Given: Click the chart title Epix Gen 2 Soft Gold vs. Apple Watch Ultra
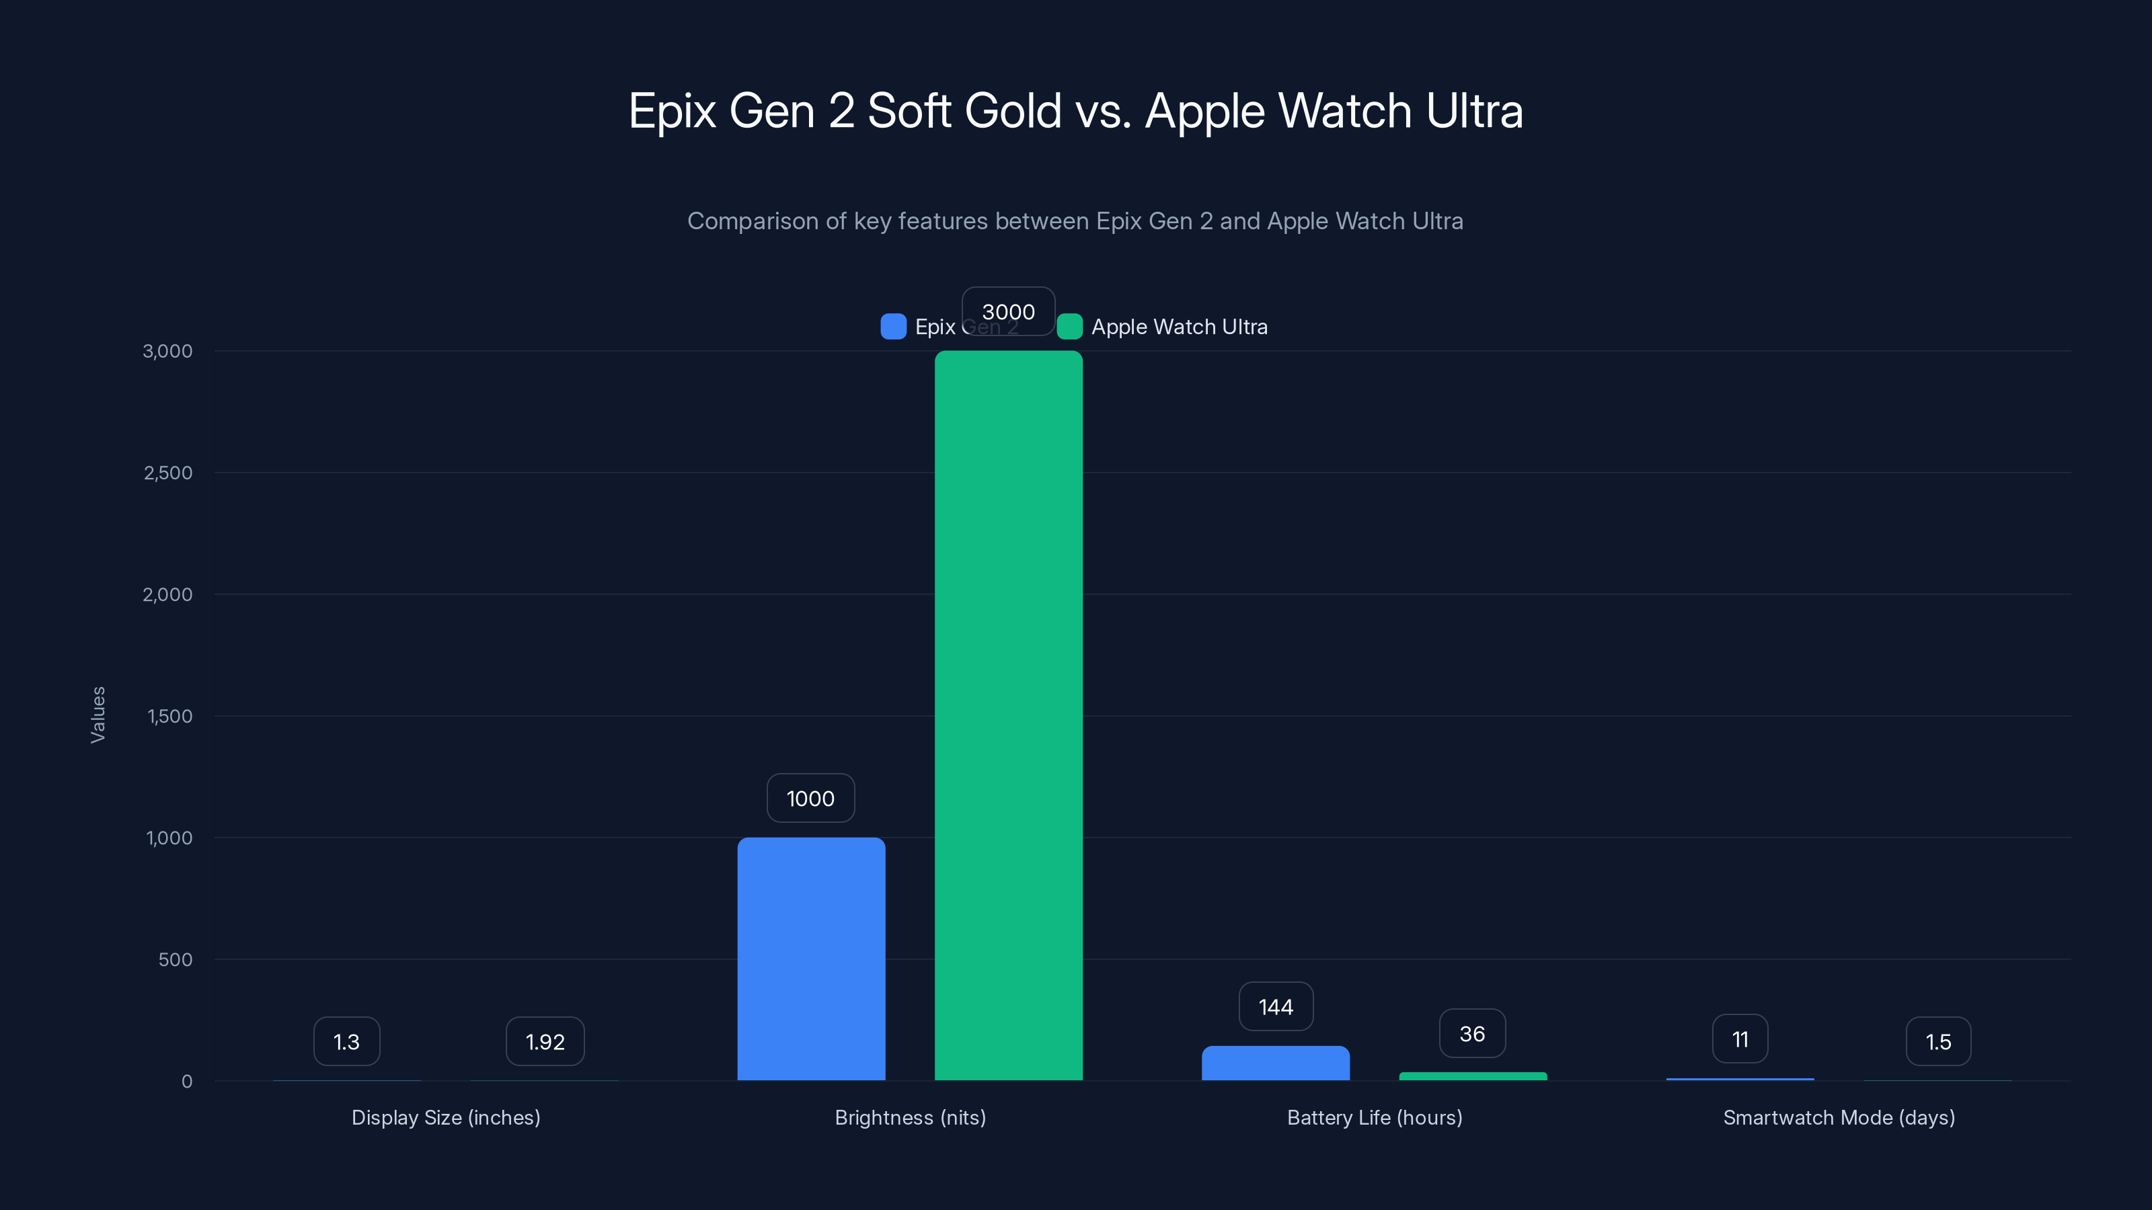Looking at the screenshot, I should pos(1075,111).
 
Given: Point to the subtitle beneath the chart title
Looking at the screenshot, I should pos(1075,221).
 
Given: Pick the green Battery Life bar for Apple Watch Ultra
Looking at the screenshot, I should pos(1473,1076).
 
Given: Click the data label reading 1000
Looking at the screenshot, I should pos(810,799).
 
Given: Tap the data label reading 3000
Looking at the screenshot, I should pos(1008,311).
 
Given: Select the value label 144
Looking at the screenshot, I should pos(1276,1007).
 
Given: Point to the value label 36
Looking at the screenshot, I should pos(1472,1034).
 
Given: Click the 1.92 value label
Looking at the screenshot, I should pos(545,1042).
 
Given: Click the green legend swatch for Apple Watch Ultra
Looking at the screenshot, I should pos(1069,327).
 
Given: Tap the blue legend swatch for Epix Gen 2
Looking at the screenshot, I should pos(893,327).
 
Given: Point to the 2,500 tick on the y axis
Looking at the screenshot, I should pos(168,473).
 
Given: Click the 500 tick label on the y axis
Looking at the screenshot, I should pos(176,959).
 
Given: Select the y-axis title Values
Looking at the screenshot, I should pos(98,715).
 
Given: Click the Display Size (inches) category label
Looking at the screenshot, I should pos(446,1117).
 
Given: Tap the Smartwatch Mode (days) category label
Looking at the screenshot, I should pos(1839,1117).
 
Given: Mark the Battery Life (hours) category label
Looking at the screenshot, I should pos(1374,1117).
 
